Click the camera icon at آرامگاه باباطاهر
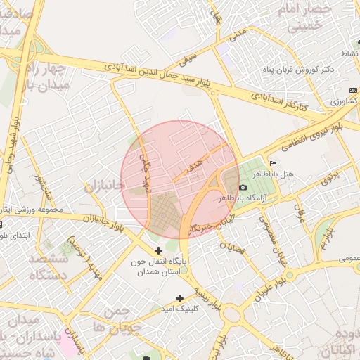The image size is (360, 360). pos(243,188)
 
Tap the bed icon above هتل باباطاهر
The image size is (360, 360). pos(273,164)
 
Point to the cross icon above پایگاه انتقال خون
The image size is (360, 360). pos(158,250)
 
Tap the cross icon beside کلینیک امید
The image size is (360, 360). pos(180,298)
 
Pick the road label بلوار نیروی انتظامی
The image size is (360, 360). pos(309,137)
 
